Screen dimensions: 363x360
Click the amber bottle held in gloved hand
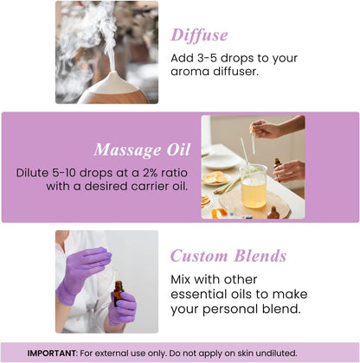117,293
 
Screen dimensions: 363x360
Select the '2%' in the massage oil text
151,172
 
